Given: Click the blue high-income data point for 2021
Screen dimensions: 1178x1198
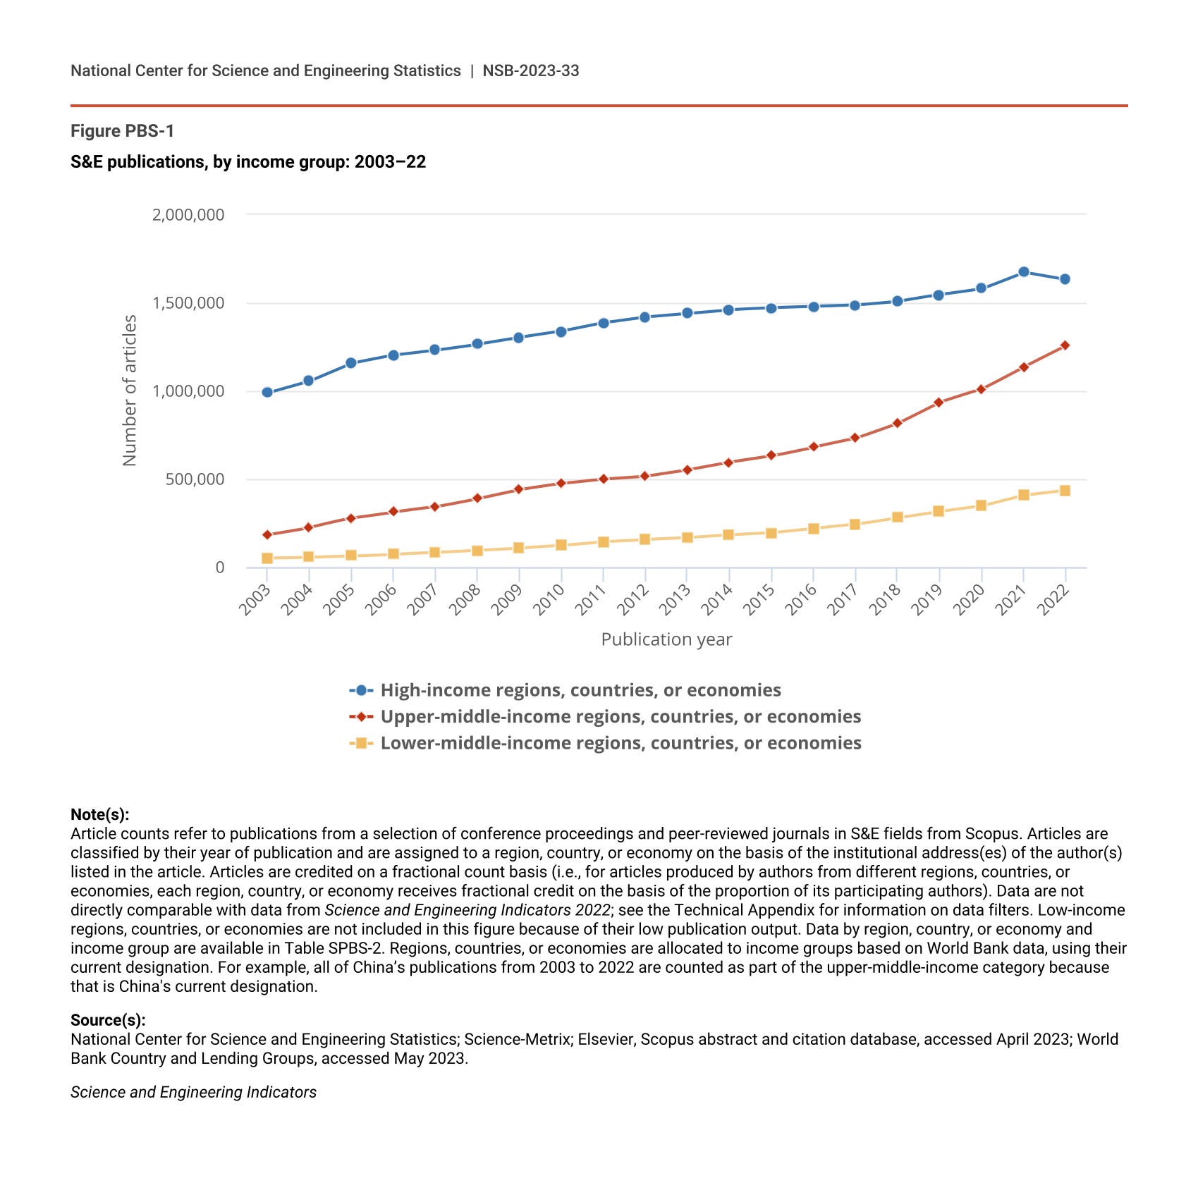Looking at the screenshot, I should click(x=1023, y=272).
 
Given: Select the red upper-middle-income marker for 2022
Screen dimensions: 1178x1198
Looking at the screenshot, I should click(x=1065, y=345).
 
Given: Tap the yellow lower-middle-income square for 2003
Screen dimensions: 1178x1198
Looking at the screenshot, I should click(x=267, y=558).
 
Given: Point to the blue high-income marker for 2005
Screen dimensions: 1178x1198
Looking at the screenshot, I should click(x=351, y=363).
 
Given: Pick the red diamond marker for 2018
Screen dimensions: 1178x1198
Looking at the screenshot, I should click(x=897, y=423).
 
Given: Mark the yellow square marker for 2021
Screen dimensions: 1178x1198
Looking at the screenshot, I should click(x=1023, y=495).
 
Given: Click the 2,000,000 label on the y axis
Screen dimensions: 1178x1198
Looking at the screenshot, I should click(x=188, y=214).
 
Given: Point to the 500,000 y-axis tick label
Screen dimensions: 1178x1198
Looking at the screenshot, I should click(x=195, y=479).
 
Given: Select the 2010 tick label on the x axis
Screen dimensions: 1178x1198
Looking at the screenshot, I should click(x=549, y=600).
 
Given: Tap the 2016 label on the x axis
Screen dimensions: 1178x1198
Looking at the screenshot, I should click(x=802, y=600).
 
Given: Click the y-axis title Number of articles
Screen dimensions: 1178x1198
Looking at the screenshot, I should click(x=130, y=390).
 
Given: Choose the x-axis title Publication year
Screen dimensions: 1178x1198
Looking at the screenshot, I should click(x=666, y=639).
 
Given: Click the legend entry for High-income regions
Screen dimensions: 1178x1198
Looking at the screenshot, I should click(x=580, y=690).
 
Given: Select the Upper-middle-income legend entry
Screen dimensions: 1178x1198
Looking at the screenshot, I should click(x=621, y=716).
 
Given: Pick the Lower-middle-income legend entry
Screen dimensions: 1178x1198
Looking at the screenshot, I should click(x=621, y=743).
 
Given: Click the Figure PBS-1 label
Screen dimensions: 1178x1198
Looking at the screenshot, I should click(x=122, y=131).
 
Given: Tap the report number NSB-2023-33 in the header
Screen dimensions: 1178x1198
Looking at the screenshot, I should click(x=530, y=70).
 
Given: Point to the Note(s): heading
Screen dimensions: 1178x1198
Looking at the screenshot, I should click(x=99, y=814).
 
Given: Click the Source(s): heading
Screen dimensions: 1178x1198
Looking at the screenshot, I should click(x=108, y=1020).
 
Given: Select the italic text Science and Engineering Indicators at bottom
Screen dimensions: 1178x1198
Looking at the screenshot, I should click(x=193, y=1092).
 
